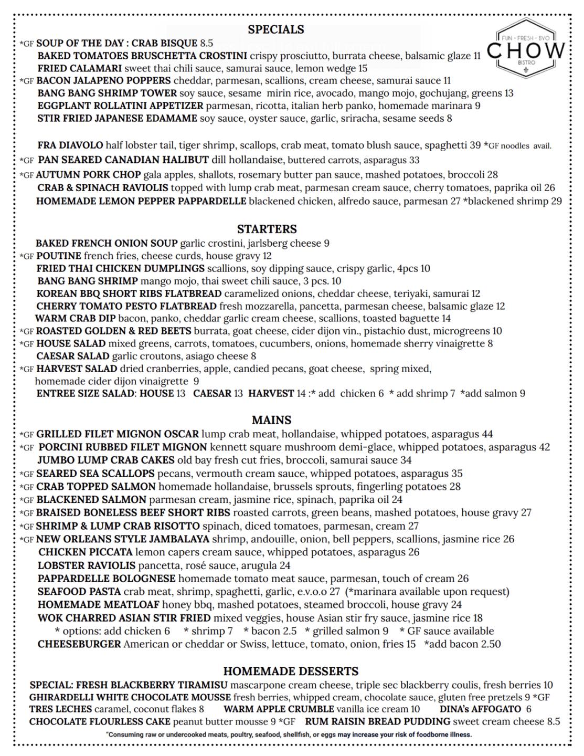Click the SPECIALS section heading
pos(275,29)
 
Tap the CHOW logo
pos(526,50)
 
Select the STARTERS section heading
pos(267,229)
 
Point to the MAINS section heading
pos(271,420)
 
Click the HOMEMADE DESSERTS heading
pos(291,671)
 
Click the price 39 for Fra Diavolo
pos(475,145)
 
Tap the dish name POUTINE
pos(59,256)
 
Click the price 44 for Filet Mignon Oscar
pos(487,434)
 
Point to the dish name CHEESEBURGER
pos(79,644)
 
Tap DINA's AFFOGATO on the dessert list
pos(480,709)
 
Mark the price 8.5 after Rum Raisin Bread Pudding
pos(554,722)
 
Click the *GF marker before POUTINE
pos(27,257)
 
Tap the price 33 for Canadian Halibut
pos(414,160)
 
